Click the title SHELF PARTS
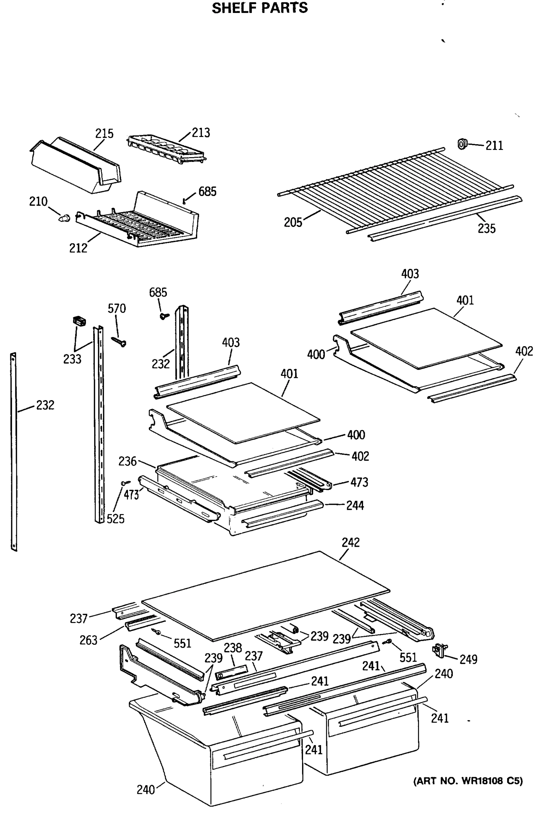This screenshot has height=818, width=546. click(x=260, y=8)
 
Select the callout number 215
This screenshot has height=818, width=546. click(x=104, y=133)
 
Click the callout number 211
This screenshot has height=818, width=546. click(x=494, y=146)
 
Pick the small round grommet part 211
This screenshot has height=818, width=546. click(x=462, y=143)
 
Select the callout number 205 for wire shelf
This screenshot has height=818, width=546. click(x=293, y=222)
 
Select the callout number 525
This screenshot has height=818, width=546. click(x=115, y=519)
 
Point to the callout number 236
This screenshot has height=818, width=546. click(x=127, y=461)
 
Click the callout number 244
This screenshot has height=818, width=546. click(x=355, y=505)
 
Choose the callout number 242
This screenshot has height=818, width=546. click(x=350, y=542)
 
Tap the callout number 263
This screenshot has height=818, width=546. click(x=88, y=640)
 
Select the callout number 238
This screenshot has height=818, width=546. click(x=233, y=648)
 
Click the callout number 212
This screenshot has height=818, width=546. click(x=78, y=248)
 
